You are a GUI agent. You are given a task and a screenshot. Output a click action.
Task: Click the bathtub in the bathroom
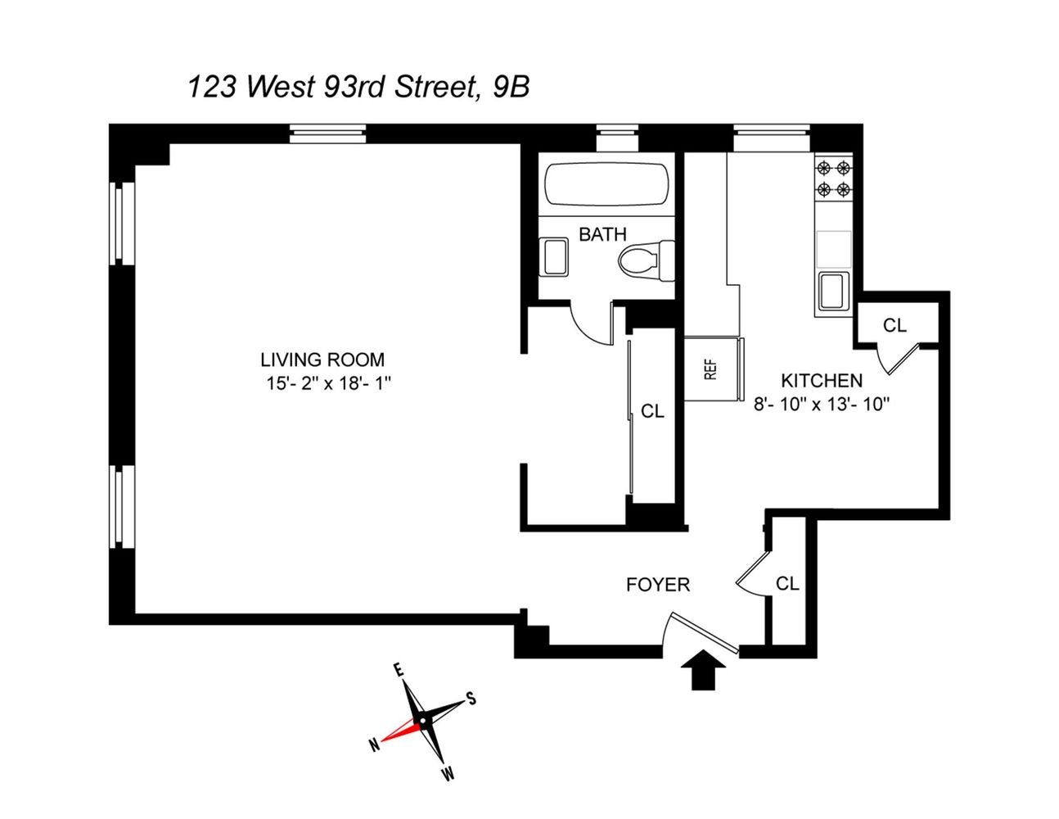[606, 184]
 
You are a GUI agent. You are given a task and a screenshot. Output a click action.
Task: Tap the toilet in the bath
[647, 260]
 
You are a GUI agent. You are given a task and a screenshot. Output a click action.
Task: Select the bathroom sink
[554, 257]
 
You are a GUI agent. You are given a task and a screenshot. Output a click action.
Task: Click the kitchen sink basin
[834, 291]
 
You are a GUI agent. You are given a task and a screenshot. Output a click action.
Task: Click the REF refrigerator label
[711, 369]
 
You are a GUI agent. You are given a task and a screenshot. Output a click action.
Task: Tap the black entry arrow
[703, 669]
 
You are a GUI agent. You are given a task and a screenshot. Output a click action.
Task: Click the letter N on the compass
[374, 745]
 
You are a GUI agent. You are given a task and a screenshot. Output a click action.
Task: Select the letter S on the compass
[471, 698]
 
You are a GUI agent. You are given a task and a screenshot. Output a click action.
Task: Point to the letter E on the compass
[399, 670]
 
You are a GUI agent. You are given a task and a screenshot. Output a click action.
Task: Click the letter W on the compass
[448, 773]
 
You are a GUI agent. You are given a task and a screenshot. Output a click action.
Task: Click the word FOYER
[658, 585]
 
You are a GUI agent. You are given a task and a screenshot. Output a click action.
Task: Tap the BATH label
[602, 234]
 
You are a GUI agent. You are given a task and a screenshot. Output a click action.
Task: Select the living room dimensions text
[329, 383]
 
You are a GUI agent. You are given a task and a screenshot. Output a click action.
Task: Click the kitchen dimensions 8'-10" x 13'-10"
[822, 404]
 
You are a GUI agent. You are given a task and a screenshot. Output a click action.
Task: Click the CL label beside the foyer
[787, 583]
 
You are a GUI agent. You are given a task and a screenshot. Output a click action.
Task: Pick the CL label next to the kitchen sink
[895, 325]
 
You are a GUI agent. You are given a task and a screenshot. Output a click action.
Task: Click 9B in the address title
[511, 88]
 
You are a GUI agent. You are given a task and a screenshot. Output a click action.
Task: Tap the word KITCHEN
[822, 380]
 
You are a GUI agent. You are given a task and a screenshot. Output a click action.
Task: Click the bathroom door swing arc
[585, 336]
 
